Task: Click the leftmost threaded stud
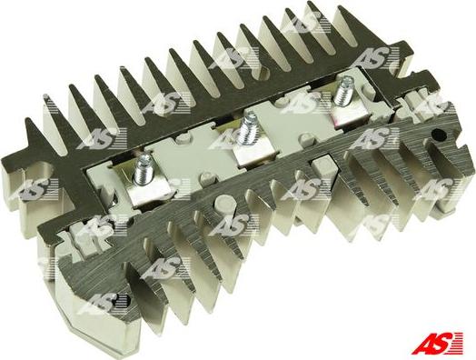pyautogui.click(x=143, y=169)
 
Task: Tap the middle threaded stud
pyautogui.click(x=248, y=128)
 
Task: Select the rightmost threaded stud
pyautogui.click(x=343, y=91)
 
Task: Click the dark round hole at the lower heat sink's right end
pyautogui.click(x=439, y=135)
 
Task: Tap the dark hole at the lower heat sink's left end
pyautogui.click(x=123, y=301)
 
